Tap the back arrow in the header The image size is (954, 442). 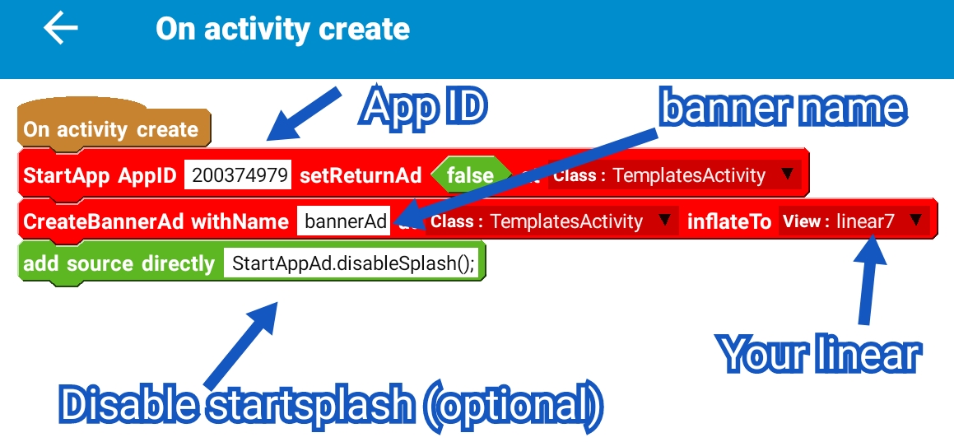click(x=61, y=29)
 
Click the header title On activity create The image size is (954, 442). click(x=282, y=30)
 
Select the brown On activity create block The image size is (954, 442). click(x=110, y=129)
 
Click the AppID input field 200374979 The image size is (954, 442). click(x=237, y=175)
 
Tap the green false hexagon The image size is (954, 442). click(x=470, y=175)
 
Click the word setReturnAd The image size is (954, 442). click(x=361, y=175)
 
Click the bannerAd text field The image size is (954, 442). click(x=344, y=221)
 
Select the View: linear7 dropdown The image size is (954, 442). click(x=853, y=221)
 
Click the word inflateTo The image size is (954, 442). click(x=728, y=221)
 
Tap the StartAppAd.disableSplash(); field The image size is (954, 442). click(x=353, y=264)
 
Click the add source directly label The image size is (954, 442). click(x=119, y=264)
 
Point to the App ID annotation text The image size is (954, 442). click(x=425, y=107)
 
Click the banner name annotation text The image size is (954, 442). click(x=782, y=109)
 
